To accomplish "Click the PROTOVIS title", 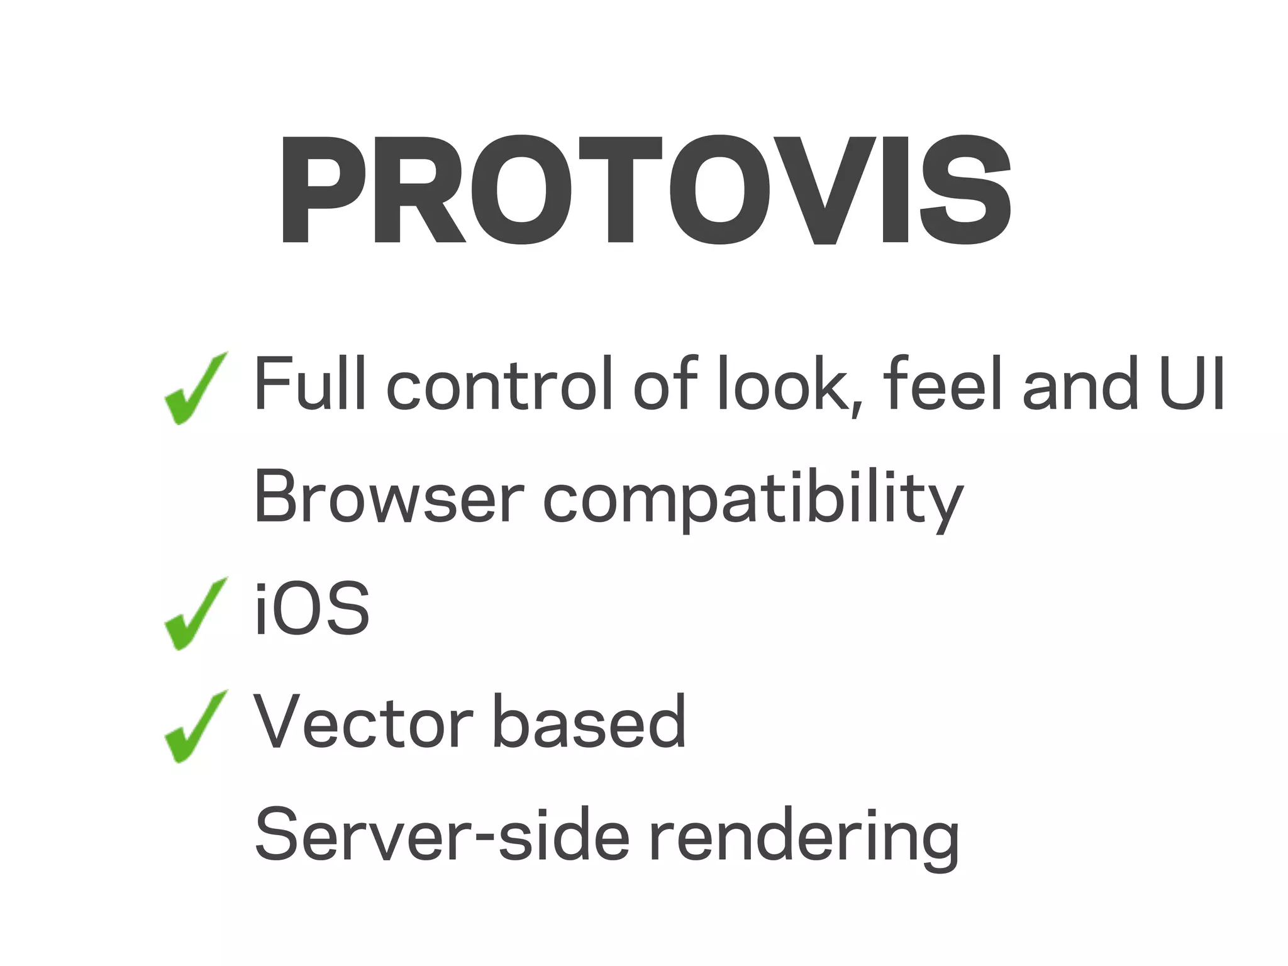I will pos(646,190).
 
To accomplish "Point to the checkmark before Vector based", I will pos(194,727).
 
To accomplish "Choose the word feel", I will pos(943,384).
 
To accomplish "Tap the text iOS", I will pos(312,609).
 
